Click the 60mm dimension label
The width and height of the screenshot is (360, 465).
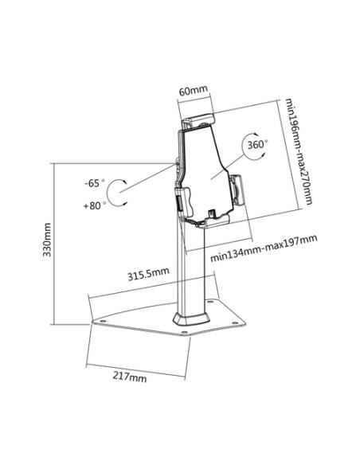[x=193, y=90]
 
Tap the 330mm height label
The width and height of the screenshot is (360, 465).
[x=47, y=240]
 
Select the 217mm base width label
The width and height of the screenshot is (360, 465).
[x=130, y=377]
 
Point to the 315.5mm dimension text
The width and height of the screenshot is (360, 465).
[x=148, y=274]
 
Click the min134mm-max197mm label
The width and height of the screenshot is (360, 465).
[x=264, y=248]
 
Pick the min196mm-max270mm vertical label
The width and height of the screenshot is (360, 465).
[x=299, y=151]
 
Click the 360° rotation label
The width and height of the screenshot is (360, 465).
[x=257, y=145]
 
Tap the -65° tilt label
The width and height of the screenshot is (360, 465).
[x=94, y=183]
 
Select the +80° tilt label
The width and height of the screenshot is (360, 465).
[x=95, y=205]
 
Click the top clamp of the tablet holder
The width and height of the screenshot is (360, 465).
[x=198, y=120]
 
